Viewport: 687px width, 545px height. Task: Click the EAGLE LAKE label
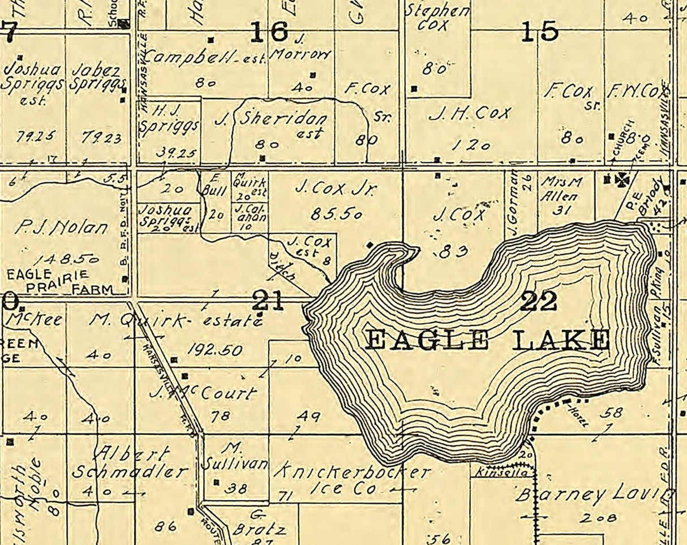tap(487, 340)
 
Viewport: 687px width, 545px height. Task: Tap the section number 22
tap(538, 301)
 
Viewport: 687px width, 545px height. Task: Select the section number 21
tap(268, 300)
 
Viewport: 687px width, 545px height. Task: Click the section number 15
tap(539, 32)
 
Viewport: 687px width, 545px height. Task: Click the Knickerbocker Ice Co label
tap(351, 480)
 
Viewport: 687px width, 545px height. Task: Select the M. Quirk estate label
tap(176, 320)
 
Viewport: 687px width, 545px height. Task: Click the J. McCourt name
tap(203, 392)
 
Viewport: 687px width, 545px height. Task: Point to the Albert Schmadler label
tap(130, 463)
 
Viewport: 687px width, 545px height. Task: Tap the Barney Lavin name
tap(594, 495)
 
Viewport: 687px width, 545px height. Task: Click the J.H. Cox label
tap(470, 114)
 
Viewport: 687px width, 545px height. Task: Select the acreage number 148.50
tap(66, 259)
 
